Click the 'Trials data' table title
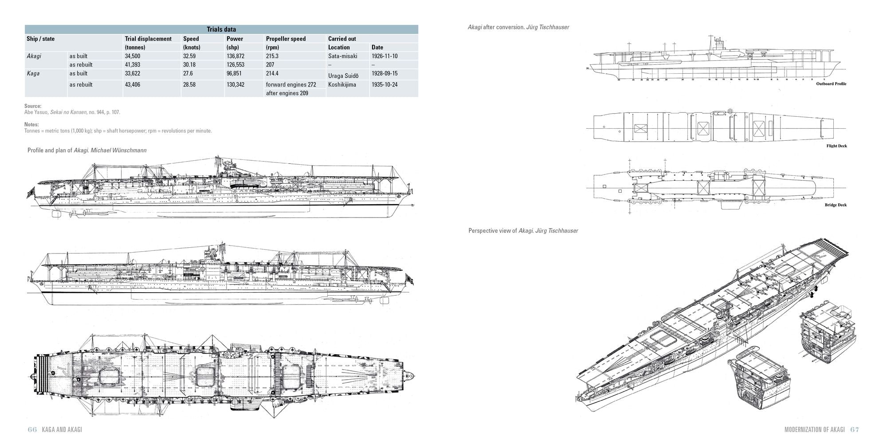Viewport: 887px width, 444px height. click(221, 29)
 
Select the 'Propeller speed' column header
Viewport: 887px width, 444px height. click(286, 39)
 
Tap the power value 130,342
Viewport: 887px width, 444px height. click(237, 84)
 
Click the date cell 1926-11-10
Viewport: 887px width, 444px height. click(385, 56)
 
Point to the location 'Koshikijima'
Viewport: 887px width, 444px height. click(342, 84)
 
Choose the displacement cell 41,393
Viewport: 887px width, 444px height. click(133, 64)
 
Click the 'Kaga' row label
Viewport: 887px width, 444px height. click(33, 73)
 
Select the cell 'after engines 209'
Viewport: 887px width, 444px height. click(287, 93)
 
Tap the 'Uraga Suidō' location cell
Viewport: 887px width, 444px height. click(342, 75)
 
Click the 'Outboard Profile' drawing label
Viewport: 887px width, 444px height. click(831, 84)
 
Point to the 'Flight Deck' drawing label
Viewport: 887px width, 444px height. click(836, 146)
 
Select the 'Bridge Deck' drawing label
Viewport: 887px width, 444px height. click(836, 205)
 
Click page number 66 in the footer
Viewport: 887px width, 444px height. click(32, 430)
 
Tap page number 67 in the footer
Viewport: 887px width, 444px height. click(855, 430)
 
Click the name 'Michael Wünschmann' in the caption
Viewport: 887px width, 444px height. click(118, 151)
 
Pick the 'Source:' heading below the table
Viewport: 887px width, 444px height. click(33, 106)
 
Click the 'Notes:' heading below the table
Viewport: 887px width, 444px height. click(31, 124)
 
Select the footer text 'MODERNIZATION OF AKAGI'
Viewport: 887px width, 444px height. click(815, 430)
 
